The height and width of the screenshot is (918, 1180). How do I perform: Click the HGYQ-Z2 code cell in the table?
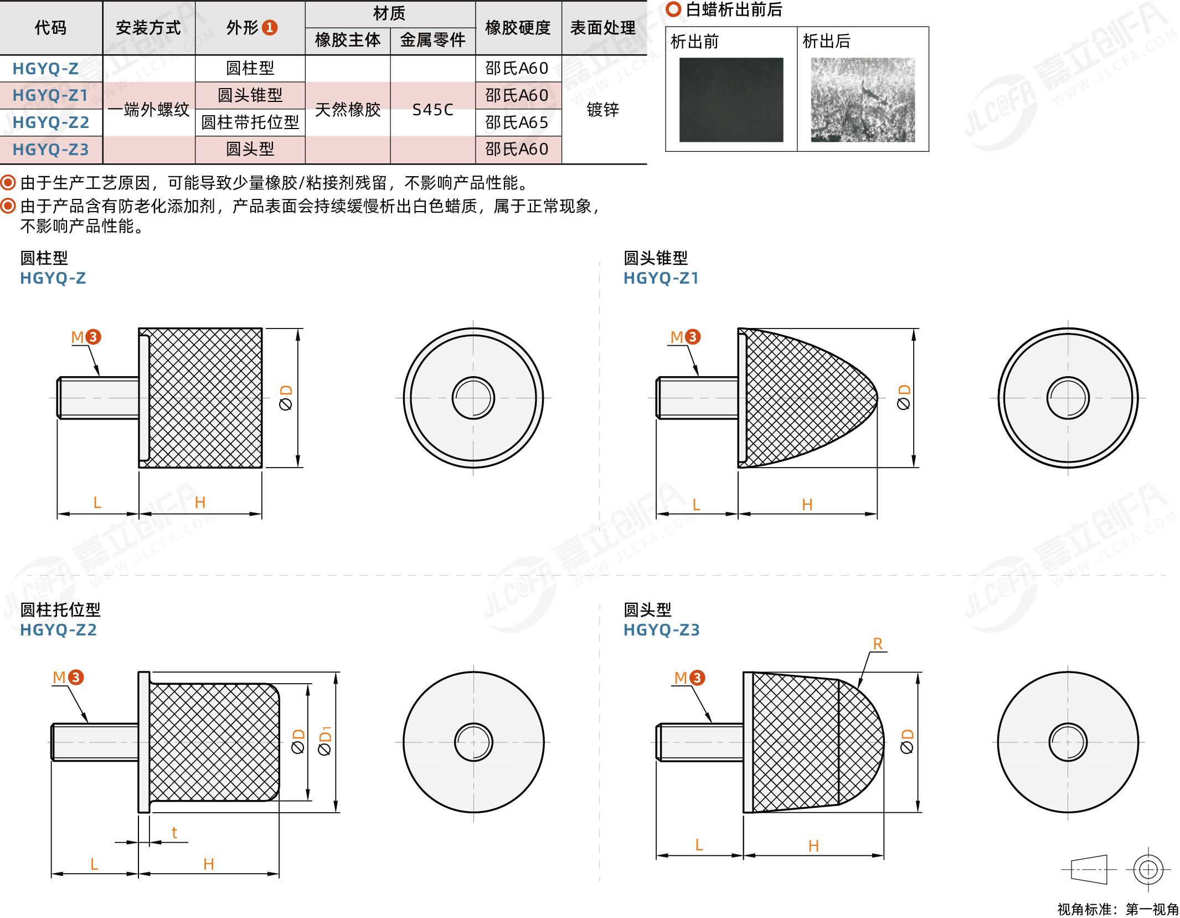click(51, 122)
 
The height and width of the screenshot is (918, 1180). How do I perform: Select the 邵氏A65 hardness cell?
click(517, 122)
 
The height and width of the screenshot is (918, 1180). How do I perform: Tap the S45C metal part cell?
click(433, 110)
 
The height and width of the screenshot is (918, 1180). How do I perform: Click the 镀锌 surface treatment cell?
click(603, 110)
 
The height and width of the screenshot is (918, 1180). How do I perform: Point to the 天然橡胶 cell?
click(348, 110)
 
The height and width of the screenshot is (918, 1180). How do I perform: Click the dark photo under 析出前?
click(731, 100)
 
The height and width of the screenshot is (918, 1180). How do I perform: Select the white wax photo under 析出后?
click(863, 100)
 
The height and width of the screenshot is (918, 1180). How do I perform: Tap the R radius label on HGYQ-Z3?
click(878, 644)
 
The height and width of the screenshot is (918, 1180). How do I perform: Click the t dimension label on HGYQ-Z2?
click(174, 832)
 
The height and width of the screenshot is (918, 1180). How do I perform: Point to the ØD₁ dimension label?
click(325, 741)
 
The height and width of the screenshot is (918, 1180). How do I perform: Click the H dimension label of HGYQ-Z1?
click(807, 505)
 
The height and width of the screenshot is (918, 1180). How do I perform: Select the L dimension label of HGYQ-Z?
click(97, 502)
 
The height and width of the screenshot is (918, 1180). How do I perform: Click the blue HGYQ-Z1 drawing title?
click(661, 278)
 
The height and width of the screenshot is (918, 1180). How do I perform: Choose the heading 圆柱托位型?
click(60, 610)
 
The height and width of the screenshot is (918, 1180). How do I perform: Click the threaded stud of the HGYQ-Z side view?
click(99, 398)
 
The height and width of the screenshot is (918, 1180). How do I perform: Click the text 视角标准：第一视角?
click(1118, 909)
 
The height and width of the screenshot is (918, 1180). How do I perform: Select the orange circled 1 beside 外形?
click(270, 27)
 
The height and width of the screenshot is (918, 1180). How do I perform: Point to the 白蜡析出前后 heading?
click(734, 9)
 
